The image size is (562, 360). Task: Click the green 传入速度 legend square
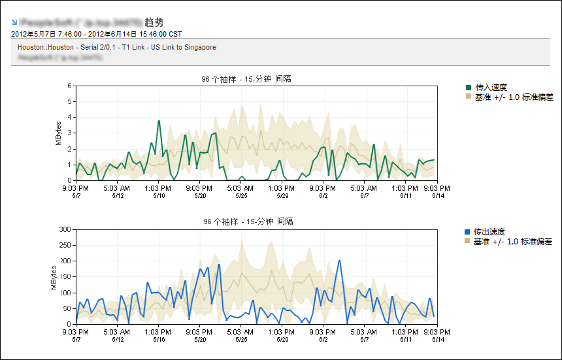pos(469,87)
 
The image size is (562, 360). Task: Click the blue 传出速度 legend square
pos(467,232)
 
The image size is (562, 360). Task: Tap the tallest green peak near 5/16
pos(159,121)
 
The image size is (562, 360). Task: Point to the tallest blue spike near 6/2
pos(340,261)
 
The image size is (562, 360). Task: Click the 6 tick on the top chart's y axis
pos(69,86)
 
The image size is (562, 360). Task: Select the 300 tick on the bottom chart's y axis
pos(64,229)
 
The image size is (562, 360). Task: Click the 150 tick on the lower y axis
pos(64,276)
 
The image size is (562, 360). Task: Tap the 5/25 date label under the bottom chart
pos(241,339)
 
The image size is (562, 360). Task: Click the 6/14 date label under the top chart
pos(438,195)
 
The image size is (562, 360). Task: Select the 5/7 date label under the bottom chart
pos(76,339)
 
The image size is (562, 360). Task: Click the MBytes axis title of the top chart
pos(58,133)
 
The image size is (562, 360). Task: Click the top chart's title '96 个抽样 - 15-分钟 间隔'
pos(246,79)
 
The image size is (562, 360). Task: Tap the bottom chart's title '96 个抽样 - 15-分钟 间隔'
pos(248,222)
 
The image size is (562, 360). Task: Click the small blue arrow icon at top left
pos(14,22)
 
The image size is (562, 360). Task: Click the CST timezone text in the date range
pos(175,33)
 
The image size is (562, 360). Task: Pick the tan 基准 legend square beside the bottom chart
pos(467,241)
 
